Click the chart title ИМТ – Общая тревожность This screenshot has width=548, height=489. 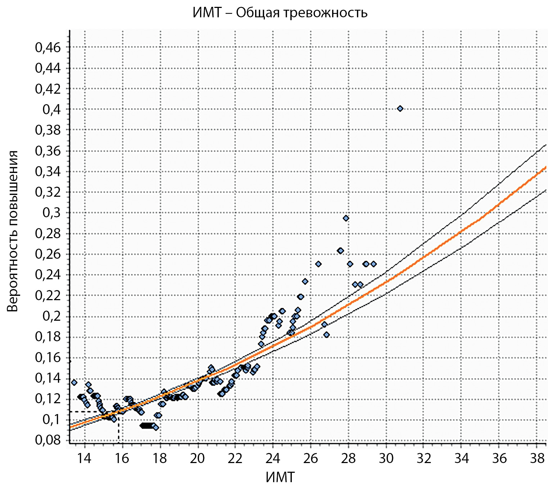(x=280, y=13)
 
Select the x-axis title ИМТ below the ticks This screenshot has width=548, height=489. (x=280, y=477)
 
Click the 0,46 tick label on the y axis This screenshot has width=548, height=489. (x=48, y=47)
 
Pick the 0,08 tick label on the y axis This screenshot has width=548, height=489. (x=48, y=440)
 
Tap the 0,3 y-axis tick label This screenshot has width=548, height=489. (x=52, y=213)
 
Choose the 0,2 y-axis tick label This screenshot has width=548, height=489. (x=52, y=316)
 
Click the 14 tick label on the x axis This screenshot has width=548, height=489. (x=85, y=458)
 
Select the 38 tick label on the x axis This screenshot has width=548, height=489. (x=537, y=458)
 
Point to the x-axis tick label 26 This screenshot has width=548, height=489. (x=311, y=458)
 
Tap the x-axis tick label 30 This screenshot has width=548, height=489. (x=386, y=458)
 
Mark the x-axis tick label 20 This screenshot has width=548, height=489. (x=198, y=458)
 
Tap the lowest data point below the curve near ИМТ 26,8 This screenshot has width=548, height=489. (x=326, y=335)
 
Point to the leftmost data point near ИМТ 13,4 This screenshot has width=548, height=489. (x=74, y=382)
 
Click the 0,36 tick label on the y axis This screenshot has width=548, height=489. (x=48, y=151)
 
